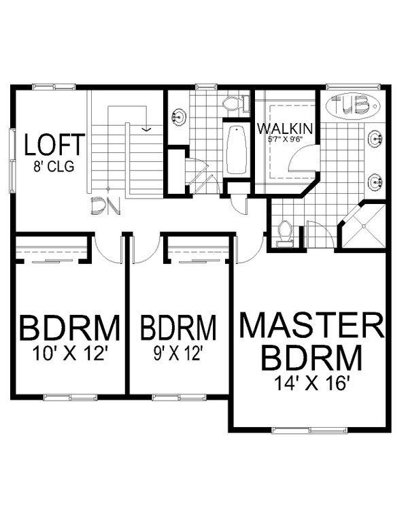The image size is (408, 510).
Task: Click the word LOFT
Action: coord(54,145)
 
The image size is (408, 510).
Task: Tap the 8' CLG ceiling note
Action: coord(54,165)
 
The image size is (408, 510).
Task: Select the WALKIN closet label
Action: coord(285,127)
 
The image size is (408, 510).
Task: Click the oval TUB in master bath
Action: coord(352,105)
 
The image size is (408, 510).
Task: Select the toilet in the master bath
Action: coord(285,231)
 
